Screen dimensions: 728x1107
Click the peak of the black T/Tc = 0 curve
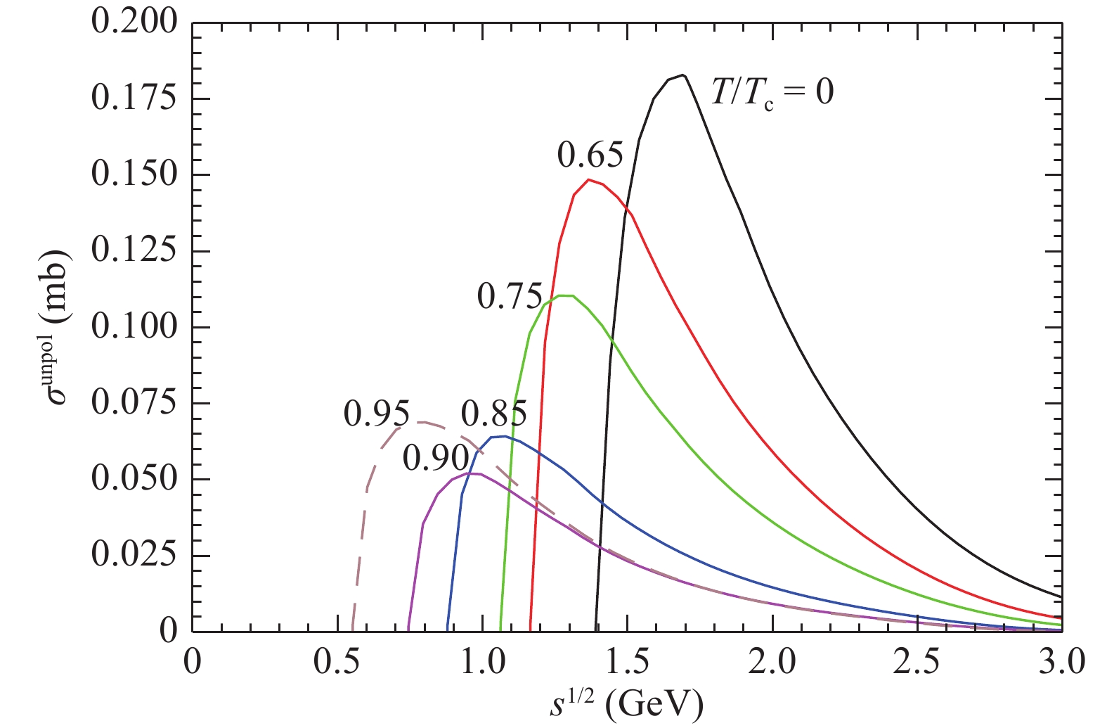click(x=682, y=75)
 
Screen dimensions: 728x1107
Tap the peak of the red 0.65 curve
click(x=589, y=179)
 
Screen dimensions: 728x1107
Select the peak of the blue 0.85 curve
click(x=504, y=436)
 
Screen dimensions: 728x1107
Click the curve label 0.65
click(x=590, y=155)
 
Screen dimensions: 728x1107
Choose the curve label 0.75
click(x=510, y=297)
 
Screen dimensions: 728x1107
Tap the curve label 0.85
click(x=493, y=414)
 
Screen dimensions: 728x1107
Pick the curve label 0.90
click(x=436, y=459)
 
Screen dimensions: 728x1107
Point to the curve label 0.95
click(x=376, y=414)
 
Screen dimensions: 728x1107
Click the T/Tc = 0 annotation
click(x=772, y=93)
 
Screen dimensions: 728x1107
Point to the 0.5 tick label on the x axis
click(x=337, y=663)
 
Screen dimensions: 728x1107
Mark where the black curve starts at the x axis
click(x=596, y=631)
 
